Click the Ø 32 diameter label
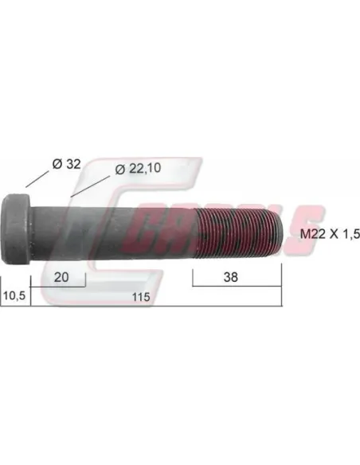(66, 164)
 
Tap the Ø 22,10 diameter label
(138, 169)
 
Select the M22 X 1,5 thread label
(330, 234)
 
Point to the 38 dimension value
(231, 277)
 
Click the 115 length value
(141, 297)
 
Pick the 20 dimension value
(61, 277)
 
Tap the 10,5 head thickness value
(14, 295)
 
